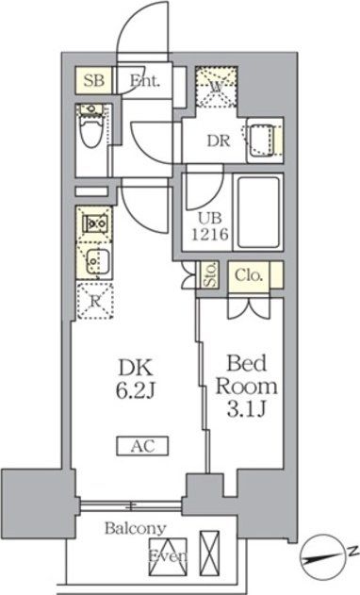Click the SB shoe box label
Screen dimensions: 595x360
[x=92, y=80]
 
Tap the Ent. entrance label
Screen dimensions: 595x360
[x=145, y=80]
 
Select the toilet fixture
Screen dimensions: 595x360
[x=91, y=131]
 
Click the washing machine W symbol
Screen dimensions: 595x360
[x=217, y=89]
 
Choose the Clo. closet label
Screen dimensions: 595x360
[x=249, y=275]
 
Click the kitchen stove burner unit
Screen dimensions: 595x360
[x=93, y=225]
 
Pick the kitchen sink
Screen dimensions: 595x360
[x=93, y=259]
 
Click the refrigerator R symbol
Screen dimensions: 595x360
[x=94, y=301]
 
